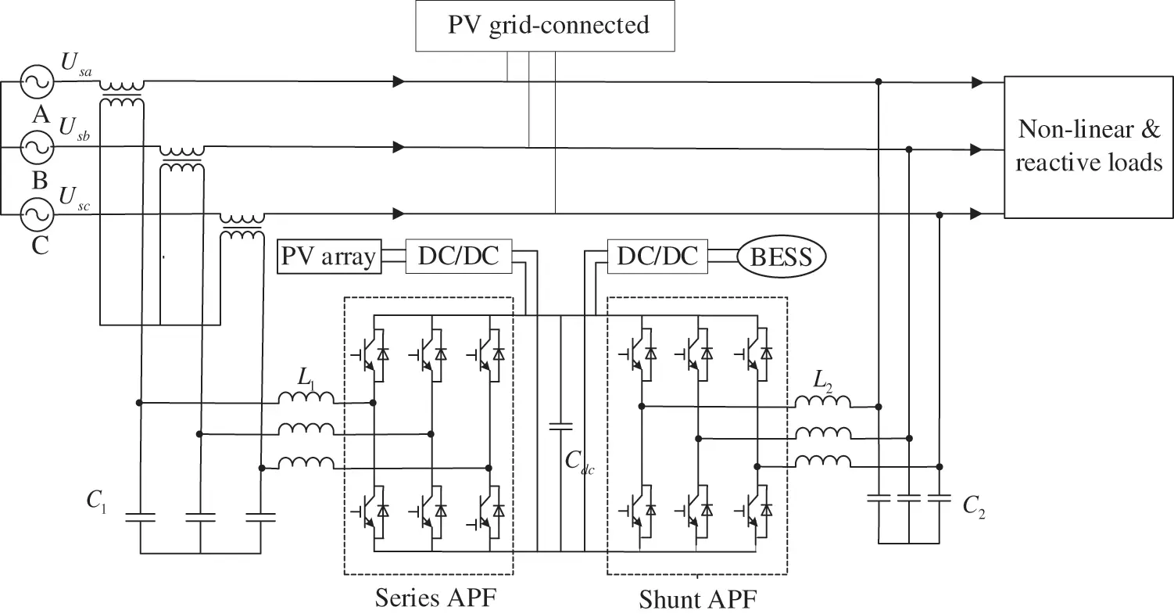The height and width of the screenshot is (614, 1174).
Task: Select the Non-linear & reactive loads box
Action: pos(1088,147)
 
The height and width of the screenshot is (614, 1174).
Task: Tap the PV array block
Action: pos(329,257)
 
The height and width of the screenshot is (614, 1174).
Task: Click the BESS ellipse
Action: pos(781,257)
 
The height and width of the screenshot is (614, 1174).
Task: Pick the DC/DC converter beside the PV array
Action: pos(458,257)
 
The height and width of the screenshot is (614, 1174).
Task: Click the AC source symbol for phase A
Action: pos(37,81)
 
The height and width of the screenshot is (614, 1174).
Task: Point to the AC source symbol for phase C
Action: pos(37,213)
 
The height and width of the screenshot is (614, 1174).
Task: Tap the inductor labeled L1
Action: pos(306,400)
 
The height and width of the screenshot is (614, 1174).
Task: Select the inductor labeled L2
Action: pos(822,402)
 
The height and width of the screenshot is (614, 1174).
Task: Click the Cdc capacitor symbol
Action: pos(560,427)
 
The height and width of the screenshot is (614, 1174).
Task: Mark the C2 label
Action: pos(972,506)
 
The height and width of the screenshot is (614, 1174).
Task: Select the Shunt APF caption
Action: pos(698,599)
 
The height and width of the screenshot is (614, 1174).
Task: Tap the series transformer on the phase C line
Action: pos(242,225)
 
